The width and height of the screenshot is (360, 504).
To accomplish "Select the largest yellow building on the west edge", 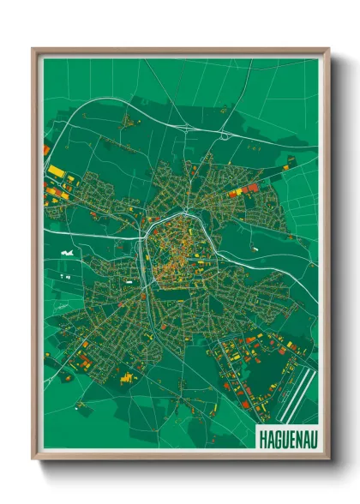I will (x=56, y=171).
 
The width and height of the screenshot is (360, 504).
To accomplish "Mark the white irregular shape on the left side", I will (x=66, y=254).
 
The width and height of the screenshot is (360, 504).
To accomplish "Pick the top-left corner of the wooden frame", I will (x=33, y=50).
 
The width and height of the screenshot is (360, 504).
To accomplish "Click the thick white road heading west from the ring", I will (x=94, y=234).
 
